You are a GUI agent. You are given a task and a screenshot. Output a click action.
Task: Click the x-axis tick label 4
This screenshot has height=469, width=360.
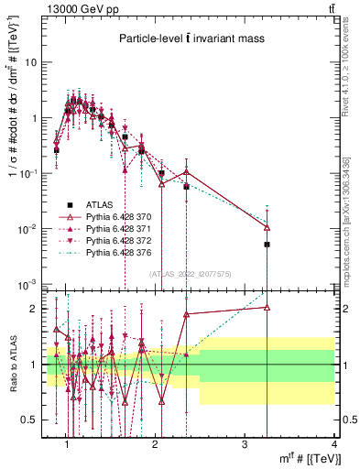coord(334,444)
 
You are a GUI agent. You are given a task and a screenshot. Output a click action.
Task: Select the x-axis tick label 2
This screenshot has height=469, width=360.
coord(155,444)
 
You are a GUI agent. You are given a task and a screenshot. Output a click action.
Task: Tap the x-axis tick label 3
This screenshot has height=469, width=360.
coord(245,444)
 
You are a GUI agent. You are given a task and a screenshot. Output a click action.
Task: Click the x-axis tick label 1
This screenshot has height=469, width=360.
coord(66,444)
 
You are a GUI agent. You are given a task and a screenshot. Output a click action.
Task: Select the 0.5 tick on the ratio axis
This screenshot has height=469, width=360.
coord(29,420)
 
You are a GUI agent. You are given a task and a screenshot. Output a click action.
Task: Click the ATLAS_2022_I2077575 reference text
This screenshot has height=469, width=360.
coord(191,273)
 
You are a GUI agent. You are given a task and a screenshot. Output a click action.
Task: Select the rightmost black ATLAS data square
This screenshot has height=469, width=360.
coord(267,245)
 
